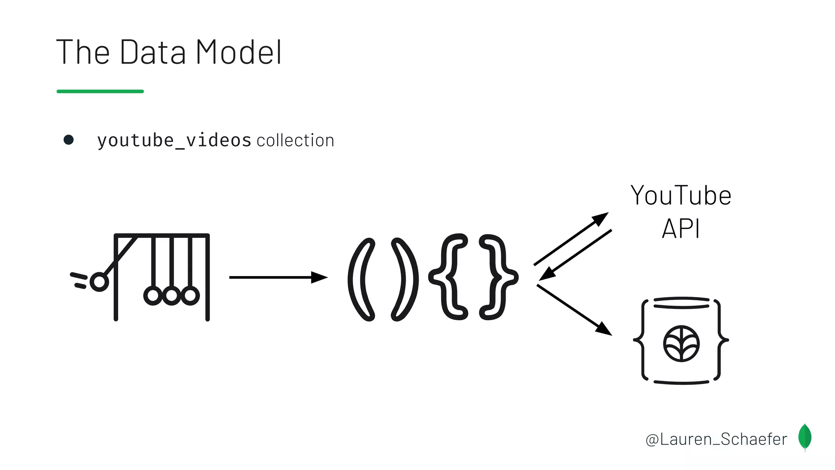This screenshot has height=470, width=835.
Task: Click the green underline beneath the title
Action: (x=100, y=91)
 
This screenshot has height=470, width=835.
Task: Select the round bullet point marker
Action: (x=68, y=140)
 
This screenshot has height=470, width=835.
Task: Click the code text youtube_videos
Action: (x=174, y=141)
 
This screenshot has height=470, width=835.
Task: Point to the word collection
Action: (x=296, y=141)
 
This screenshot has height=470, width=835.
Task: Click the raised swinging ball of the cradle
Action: (x=99, y=282)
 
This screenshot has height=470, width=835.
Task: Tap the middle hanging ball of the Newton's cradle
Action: (x=172, y=295)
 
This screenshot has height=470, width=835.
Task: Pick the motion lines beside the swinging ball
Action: (x=79, y=280)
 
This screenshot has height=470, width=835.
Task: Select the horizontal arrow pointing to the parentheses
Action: (x=278, y=277)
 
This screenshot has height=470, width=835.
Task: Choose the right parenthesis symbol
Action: (x=404, y=279)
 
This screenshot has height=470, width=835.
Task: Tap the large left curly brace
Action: (x=448, y=277)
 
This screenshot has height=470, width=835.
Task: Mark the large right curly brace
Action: (x=498, y=277)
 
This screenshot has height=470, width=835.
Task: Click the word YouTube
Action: (x=681, y=196)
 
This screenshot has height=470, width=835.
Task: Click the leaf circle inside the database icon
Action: (x=681, y=344)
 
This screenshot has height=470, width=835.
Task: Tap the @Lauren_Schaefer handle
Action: (x=716, y=439)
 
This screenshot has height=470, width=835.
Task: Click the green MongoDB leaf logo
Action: (x=805, y=437)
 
